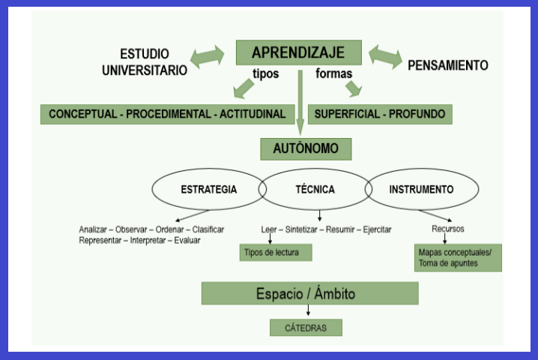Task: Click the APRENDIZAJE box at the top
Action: pyautogui.click(x=298, y=53)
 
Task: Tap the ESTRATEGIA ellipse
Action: pyautogui.click(x=208, y=190)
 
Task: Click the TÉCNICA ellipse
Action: pyautogui.click(x=315, y=190)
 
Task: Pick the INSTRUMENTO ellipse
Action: pyautogui.click(x=421, y=190)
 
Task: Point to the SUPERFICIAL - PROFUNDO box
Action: pyautogui.click(x=380, y=114)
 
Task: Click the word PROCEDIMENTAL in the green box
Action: pyautogui.click(x=169, y=114)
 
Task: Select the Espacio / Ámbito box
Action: pyautogui.click(x=309, y=292)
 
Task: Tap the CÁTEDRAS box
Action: pyautogui.click(x=306, y=328)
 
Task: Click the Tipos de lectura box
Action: pyautogui.click(x=274, y=253)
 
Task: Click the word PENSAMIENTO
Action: pyautogui.click(x=447, y=66)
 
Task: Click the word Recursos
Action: pyautogui.click(x=448, y=229)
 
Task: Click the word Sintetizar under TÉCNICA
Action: pyautogui.click(x=303, y=229)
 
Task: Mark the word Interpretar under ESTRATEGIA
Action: pyautogui.click(x=150, y=240)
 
